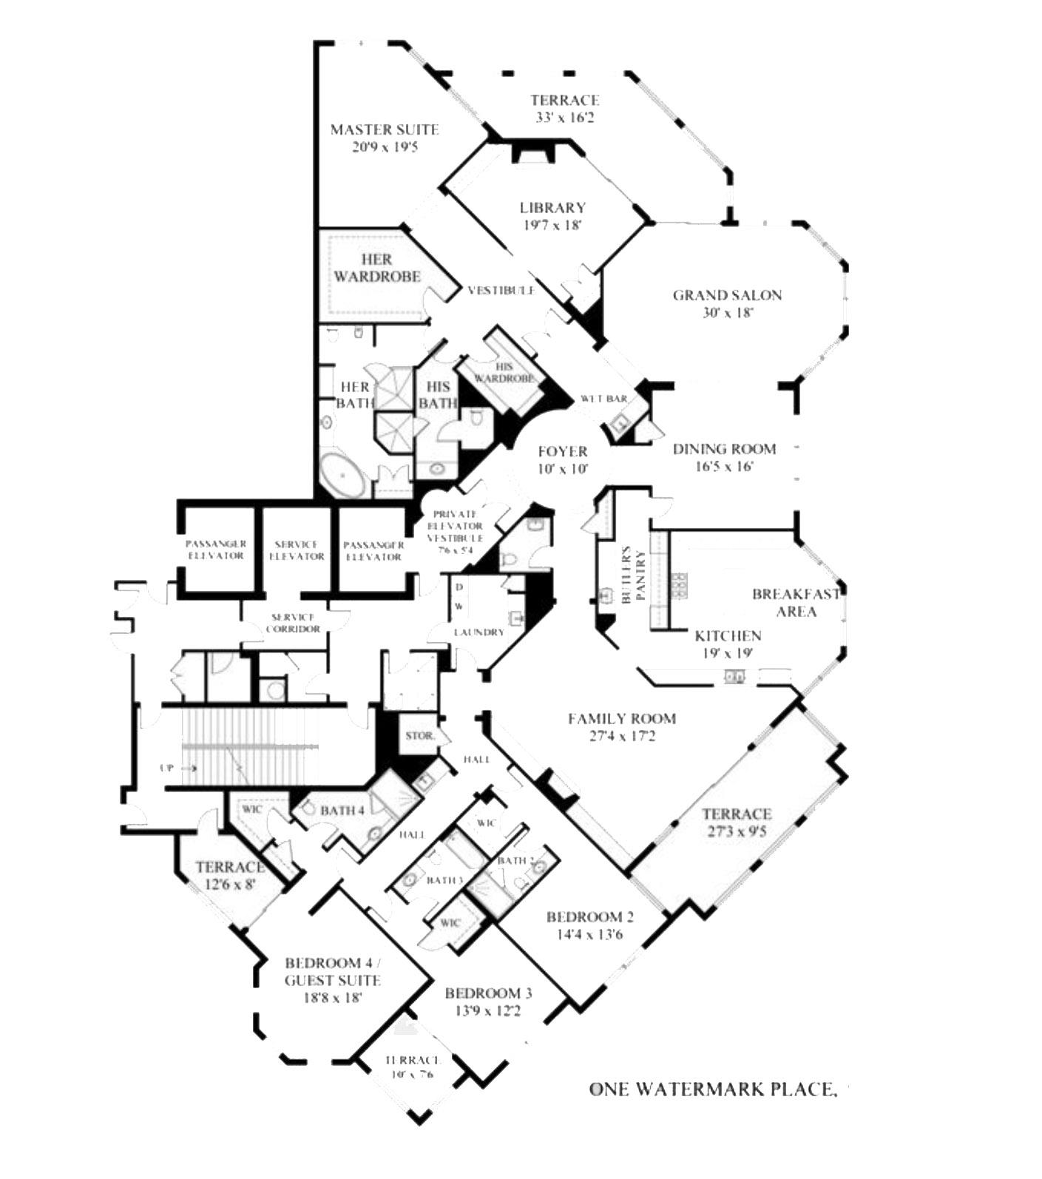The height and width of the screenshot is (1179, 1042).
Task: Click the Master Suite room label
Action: [x=384, y=130]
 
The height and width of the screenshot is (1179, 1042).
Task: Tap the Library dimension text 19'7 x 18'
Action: [x=552, y=225]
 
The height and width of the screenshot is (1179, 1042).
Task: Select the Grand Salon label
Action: [x=726, y=296]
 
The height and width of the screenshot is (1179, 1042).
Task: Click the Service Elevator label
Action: [x=297, y=550]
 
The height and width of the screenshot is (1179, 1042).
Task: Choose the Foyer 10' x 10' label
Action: [x=562, y=459]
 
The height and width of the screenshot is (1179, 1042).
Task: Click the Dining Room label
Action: [x=724, y=449]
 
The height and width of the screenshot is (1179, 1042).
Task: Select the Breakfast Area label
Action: [x=796, y=602]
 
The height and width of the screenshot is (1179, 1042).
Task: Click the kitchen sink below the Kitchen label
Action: [x=734, y=675]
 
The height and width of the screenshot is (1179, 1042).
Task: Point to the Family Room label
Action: [x=621, y=718]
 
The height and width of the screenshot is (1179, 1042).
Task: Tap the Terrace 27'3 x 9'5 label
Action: [x=735, y=822]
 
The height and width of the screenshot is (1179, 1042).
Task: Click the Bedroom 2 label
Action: [x=589, y=917]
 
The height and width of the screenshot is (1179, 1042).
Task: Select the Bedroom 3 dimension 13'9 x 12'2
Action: [x=487, y=1010]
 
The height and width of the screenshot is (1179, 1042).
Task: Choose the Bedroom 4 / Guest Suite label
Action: [x=332, y=972]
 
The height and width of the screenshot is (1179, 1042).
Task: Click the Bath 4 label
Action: [x=342, y=811]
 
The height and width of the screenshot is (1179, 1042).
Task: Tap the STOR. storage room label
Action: [x=420, y=737]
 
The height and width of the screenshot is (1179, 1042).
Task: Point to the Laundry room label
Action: [x=478, y=632]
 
